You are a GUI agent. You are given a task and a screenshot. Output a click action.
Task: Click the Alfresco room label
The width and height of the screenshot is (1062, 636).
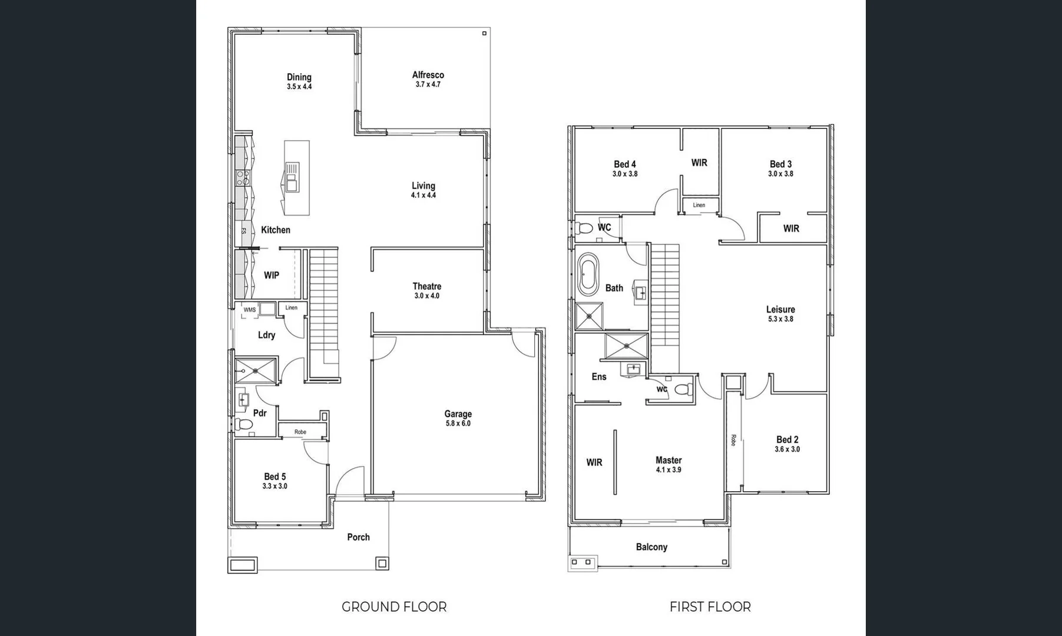(428, 75)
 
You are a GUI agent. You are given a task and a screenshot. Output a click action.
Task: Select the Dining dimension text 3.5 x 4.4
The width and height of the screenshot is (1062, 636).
(299, 87)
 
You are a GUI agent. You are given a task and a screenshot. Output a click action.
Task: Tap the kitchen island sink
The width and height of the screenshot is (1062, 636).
(292, 177)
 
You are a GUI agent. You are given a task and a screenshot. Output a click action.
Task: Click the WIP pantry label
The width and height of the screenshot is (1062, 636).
(272, 275)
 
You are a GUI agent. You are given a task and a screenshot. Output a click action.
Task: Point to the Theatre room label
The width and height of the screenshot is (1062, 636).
(426, 286)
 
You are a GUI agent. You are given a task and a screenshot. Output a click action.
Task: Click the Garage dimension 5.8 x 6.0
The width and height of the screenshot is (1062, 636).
(458, 423)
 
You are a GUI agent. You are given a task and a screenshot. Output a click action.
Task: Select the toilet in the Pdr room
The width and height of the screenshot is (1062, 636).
(243, 424)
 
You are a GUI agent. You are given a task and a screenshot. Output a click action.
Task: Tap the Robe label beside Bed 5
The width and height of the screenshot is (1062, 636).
(300, 432)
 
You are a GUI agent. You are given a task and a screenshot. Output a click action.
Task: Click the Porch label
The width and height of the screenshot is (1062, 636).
(358, 537)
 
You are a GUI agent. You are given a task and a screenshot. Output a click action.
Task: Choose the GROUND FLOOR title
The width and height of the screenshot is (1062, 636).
(394, 607)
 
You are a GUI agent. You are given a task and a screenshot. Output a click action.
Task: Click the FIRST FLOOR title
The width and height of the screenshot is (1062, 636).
(710, 607)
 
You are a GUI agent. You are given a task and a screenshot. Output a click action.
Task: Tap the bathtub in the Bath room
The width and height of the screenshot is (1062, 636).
(588, 274)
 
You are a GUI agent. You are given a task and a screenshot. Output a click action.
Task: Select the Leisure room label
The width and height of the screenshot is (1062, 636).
(780, 309)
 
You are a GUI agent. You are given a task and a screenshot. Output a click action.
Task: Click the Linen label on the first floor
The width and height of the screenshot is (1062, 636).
(699, 205)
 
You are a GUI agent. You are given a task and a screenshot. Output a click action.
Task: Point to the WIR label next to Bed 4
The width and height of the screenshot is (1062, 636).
(699, 163)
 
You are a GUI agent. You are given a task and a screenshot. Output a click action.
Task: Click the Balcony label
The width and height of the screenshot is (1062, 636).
(651, 547)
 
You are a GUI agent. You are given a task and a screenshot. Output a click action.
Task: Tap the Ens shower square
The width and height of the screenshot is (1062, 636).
(626, 346)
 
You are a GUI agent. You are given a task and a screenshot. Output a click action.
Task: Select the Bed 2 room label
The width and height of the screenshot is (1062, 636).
(787, 439)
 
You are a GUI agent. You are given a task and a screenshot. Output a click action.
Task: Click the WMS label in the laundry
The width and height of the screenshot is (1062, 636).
(250, 310)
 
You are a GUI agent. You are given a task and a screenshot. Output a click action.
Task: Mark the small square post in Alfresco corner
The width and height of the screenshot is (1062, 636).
(484, 34)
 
